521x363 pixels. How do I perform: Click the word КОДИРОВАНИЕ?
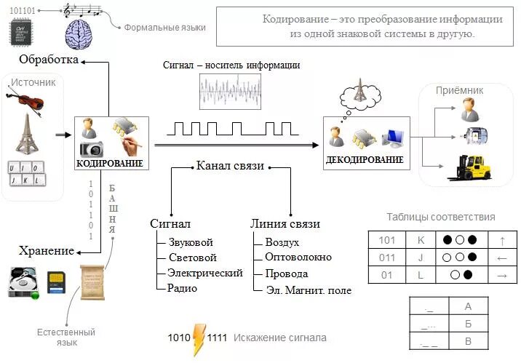coord(110,163)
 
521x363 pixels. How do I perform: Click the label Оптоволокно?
coord(298,258)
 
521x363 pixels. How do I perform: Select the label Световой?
coord(192,258)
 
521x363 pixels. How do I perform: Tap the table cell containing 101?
coord(386,239)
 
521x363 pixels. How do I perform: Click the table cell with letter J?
coord(421,257)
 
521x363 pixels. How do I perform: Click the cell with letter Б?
coord(468,323)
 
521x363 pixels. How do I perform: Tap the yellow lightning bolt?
coord(199,340)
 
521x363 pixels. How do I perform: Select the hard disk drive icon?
coord(23,282)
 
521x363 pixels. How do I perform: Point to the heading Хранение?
coord(47,251)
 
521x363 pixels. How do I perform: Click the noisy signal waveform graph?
coord(229,91)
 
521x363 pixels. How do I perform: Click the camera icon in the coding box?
coord(92,149)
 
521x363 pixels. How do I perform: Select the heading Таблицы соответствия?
coord(441,217)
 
